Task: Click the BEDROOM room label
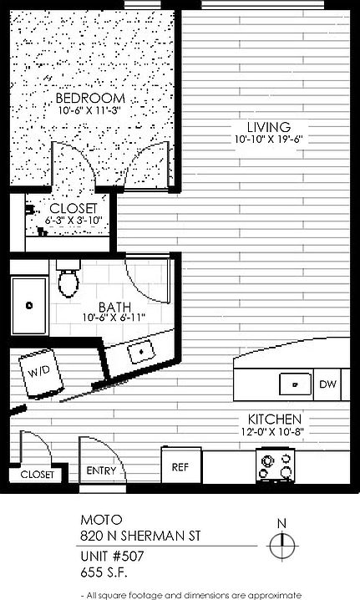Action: (x=90, y=98)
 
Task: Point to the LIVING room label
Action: (x=269, y=127)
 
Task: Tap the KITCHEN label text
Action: (x=274, y=419)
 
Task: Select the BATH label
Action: (x=114, y=307)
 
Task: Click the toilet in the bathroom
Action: (x=68, y=278)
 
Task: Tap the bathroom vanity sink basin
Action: (x=141, y=351)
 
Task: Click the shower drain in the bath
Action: (x=29, y=305)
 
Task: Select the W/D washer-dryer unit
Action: (x=41, y=373)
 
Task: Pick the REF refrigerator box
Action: (x=180, y=465)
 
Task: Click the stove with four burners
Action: (x=275, y=465)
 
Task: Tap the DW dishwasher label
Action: (x=327, y=384)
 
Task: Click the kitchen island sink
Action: (x=295, y=384)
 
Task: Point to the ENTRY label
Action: (x=101, y=470)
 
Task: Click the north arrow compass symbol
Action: (x=282, y=540)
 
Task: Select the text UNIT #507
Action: (x=112, y=556)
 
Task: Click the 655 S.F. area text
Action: (x=104, y=572)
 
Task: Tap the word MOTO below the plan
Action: (x=101, y=520)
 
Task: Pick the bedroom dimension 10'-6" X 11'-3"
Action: (x=90, y=111)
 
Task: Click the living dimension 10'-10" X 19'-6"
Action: (x=269, y=139)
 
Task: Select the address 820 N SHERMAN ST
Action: (x=140, y=536)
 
